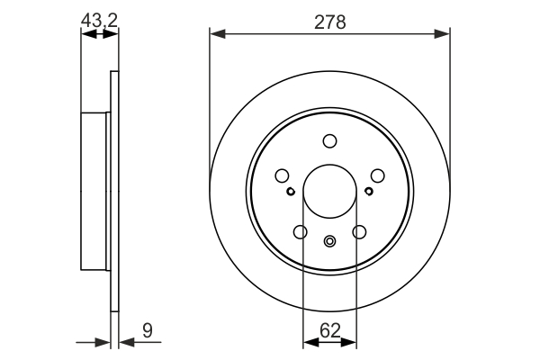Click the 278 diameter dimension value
[x=329, y=21]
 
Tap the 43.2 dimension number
[x=98, y=18]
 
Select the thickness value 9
[x=148, y=332]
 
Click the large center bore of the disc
[x=329, y=192]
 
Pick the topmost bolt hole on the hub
[x=329, y=140]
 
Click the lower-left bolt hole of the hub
[x=300, y=232]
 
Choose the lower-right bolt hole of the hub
[x=359, y=232]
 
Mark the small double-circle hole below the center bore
[x=329, y=240]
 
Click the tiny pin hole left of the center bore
[x=290, y=191]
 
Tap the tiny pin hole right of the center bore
[x=369, y=191]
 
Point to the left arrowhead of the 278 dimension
[x=217, y=34]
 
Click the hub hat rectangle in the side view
[x=94, y=191]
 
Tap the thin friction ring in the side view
[x=114, y=191]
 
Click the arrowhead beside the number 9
[x=126, y=342]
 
